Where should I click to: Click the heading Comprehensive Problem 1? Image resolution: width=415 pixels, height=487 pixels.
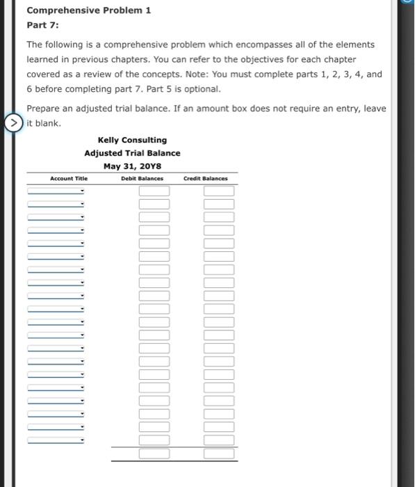click(88, 10)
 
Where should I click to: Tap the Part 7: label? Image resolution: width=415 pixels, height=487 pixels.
click(42, 25)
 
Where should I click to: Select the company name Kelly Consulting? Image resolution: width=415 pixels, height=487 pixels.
click(132, 140)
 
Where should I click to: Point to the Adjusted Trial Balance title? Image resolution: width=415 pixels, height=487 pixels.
click(132, 153)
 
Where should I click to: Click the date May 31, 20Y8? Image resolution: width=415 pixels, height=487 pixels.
click(132, 166)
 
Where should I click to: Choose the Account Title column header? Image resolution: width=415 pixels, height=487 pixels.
click(68, 179)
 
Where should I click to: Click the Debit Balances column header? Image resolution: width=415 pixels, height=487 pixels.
click(142, 179)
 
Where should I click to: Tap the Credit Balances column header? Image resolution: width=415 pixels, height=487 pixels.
click(205, 179)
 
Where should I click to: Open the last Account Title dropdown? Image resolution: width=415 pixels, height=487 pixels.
click(56, 440)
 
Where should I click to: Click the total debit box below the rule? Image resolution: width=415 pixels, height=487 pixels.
click(154, 454)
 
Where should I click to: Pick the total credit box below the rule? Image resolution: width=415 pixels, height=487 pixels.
click(219, 454)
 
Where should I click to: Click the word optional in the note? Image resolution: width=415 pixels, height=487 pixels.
click(202, 89)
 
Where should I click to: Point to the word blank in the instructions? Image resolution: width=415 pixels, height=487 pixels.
click(47, 123)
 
